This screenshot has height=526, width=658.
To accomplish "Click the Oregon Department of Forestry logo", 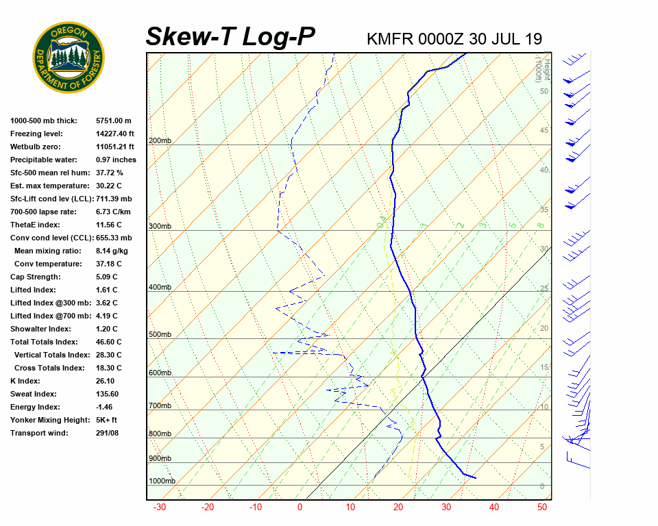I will (x=69, y=58).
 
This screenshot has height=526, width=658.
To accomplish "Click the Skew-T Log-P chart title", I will (x=230, y=37).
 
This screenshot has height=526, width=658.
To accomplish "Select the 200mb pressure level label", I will (x=160, y=141).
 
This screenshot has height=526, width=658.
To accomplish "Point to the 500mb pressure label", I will (x=160, y=335).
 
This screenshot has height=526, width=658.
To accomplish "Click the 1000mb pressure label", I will (x=162, y=481).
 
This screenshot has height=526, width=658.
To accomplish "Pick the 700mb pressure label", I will (x=160, y=406).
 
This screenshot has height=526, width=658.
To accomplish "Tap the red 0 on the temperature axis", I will (x=300, y=508).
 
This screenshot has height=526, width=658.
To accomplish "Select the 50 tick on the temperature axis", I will (x=541, y=508).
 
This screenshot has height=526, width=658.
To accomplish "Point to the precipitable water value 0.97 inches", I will (x=116, y=160).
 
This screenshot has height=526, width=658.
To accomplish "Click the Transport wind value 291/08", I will (x=108, y=433).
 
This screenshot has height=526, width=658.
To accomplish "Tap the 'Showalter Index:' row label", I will (x=39, y=329).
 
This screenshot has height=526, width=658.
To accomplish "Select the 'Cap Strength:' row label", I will (x=35, y=277).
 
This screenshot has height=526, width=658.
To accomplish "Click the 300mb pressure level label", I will (x=160, y=227).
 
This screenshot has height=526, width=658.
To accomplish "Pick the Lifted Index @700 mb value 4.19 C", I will (x=106, y=316).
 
